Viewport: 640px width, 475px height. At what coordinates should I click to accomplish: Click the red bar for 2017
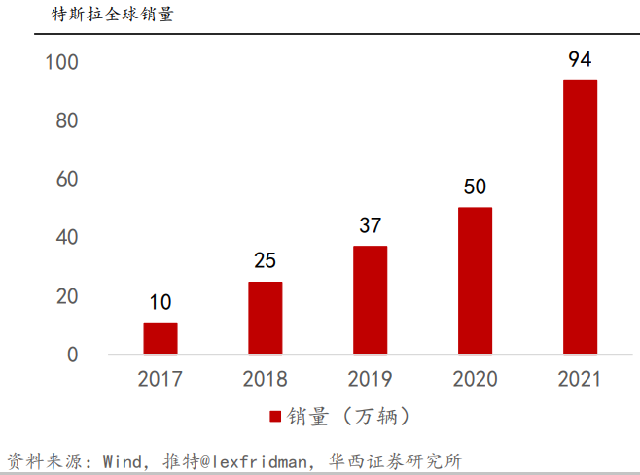(160, 338)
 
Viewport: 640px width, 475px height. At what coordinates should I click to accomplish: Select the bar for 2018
(266, 318)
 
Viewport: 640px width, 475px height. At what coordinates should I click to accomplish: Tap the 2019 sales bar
(370, 300)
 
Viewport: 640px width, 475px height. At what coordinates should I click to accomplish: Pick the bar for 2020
(475, 281)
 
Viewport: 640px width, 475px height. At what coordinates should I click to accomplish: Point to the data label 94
(580, 60)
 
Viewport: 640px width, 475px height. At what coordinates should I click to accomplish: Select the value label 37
(370, 226)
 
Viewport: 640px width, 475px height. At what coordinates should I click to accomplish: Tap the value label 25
(266, 261)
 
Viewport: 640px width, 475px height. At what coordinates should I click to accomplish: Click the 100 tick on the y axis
(61, 63)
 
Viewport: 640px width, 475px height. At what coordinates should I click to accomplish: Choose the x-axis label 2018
(266, 379)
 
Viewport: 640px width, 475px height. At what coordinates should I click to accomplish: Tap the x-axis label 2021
(580, 379)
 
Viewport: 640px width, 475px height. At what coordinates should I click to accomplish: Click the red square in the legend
(275, 417)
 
